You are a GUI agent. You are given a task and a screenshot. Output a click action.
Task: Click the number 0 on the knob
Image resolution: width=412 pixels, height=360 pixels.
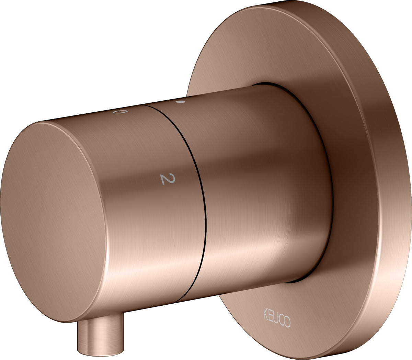tap(121, 112)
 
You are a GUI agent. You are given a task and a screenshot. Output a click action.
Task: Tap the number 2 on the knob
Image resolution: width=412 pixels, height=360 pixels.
tap(167, 179)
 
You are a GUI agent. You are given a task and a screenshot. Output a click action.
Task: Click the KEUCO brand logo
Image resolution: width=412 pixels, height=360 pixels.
tap(277, 318)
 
